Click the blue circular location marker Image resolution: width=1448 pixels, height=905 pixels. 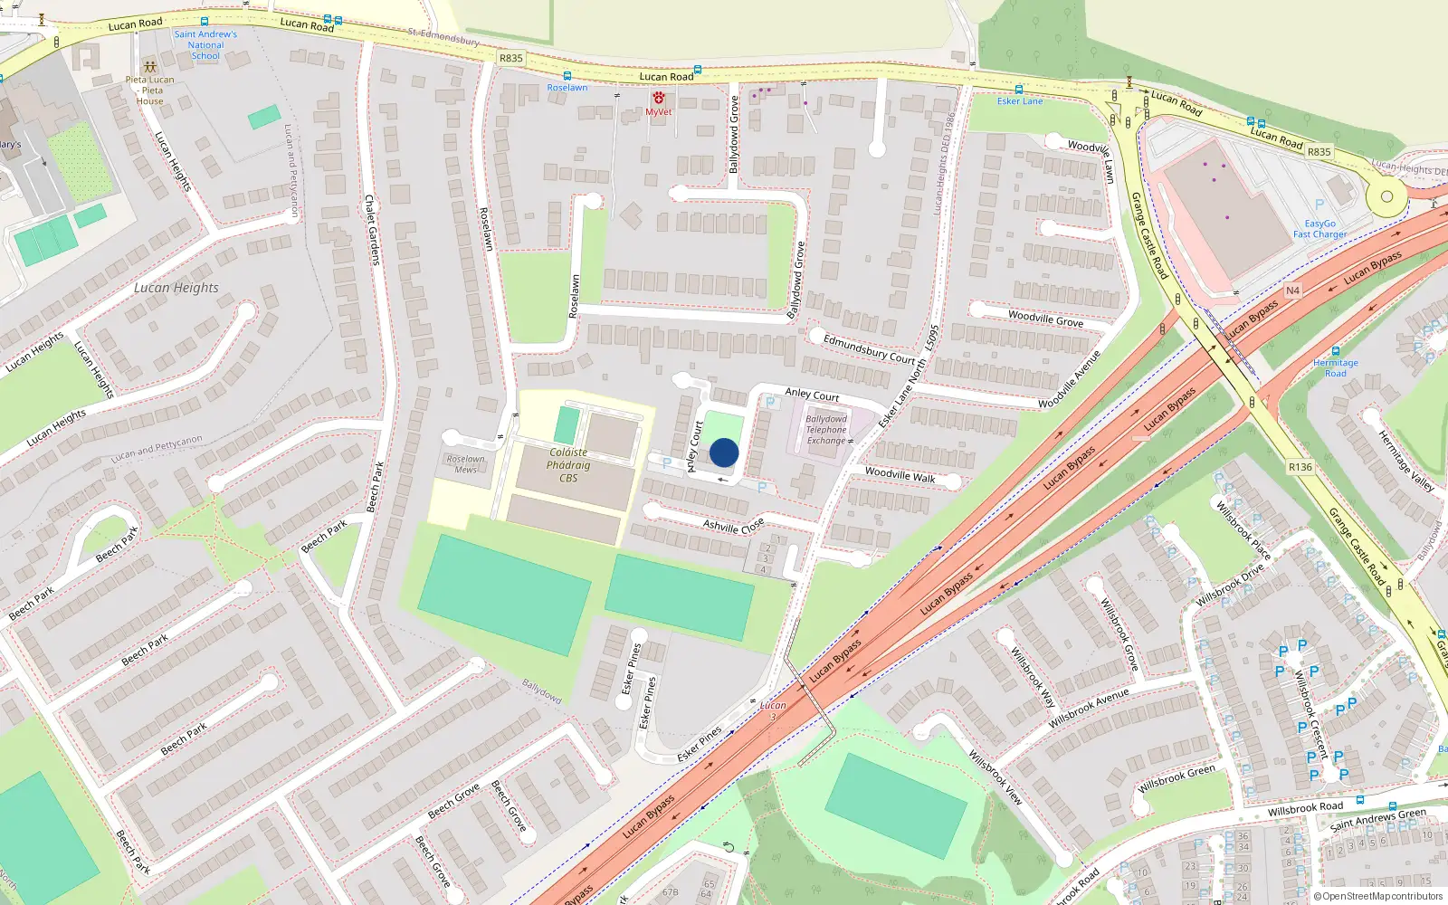click(x=724, y=452)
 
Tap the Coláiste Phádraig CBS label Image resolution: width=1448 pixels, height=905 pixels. click(x=568, y=465)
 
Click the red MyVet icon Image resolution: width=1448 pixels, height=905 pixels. click(x=658, y=98)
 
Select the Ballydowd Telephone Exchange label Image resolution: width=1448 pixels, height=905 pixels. click(x=826, y=430)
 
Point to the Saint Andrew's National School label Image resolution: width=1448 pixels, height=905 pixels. click(x=205, y=45)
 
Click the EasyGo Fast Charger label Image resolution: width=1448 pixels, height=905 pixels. click(x=1319, y=229)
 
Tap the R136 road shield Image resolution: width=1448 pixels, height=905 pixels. click(x=1300, y=467)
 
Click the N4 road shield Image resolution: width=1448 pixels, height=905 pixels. click(x=1292, y=291)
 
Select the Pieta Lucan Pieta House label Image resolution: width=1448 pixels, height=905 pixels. click(x=150, y=90)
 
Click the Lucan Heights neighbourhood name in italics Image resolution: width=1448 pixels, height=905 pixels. click(x=176, y=288)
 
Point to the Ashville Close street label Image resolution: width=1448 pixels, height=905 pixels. click(x=734, y=525)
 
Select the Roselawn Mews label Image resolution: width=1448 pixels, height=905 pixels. click(x=465, y=464)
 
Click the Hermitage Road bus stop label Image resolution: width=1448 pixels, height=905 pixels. click(x=1335, y=367)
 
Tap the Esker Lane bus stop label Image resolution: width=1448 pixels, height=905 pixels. click(x=1020, y=101)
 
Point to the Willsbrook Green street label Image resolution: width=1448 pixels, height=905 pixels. click(x=1176, y=779)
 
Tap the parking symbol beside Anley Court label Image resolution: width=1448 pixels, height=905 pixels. click(x=770, y=402)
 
